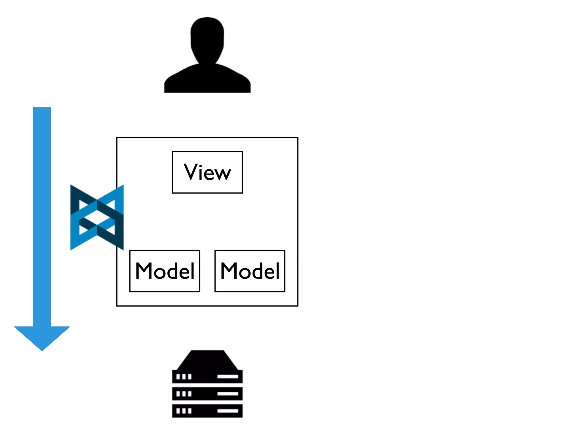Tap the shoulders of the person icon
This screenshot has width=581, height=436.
tap(207, 79)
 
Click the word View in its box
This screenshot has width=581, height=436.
tap(207, 172)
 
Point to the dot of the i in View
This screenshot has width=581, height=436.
tap(201, 165)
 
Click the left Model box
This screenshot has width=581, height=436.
tap(165, 271)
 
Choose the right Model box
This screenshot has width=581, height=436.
tap(250, 271)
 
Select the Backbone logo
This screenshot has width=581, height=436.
tap(97, 217)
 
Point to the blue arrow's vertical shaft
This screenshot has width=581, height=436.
tap(42, 216)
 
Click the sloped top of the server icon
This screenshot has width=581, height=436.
tap(207, 360)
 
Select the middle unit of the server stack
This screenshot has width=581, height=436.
tap(207, 394)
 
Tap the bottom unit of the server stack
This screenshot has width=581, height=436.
tap(207, 411)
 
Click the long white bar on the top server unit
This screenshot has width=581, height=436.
tap(228, 377)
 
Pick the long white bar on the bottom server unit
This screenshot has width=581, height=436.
tap(228, 411)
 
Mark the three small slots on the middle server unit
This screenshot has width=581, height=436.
tap(184, 394)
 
